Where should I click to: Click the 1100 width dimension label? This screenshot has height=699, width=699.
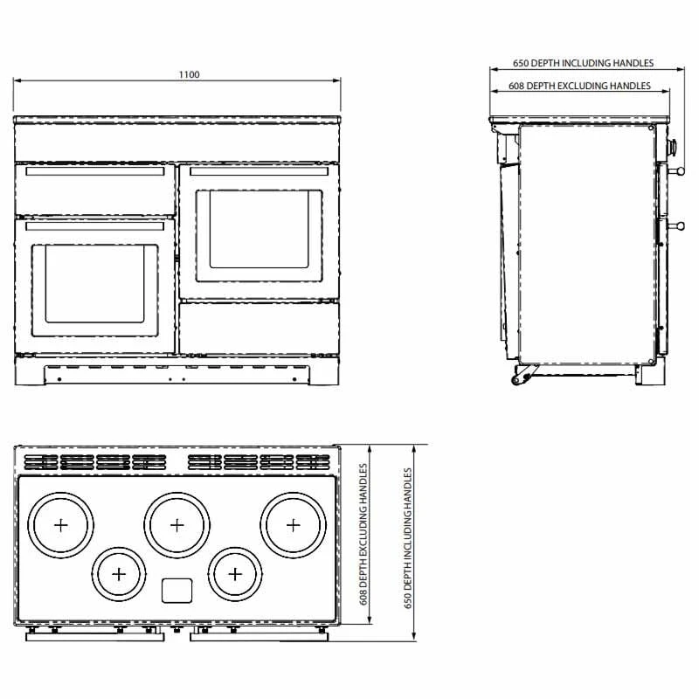[189, 74]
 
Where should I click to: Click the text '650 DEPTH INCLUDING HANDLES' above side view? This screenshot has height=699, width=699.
[583, 63]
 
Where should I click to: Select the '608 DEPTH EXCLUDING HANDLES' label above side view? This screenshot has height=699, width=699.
[579, 86]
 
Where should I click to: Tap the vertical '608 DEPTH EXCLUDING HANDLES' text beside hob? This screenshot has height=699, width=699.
[363, 534]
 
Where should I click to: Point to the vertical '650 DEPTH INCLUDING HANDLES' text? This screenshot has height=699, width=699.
[408, 538]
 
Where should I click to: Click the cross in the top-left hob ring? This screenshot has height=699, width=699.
[60, 525]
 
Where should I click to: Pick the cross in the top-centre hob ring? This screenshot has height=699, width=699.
[177, 525]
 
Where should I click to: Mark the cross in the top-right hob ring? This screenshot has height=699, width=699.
[293, 525]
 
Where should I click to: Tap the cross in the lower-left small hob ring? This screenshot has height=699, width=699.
[119, 574]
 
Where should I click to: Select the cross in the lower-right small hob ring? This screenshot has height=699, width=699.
[235, 574]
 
